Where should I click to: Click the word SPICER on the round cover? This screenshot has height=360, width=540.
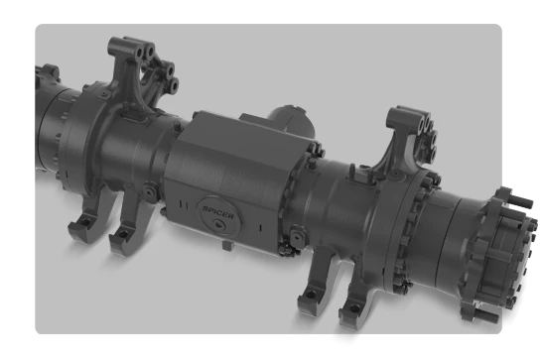[x=218, y=212]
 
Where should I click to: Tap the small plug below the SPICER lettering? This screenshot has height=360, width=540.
[x=217, y=224]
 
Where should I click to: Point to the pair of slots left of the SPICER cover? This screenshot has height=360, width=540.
[x=184, y=204]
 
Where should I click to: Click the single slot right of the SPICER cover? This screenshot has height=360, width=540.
[x=260, y=227]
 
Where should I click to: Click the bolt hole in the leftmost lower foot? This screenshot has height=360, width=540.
[x=85, y=221]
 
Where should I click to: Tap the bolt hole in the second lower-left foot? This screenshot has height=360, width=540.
[x=123, y=234]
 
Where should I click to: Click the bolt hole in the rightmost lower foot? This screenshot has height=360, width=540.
[x=353, y=308]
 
